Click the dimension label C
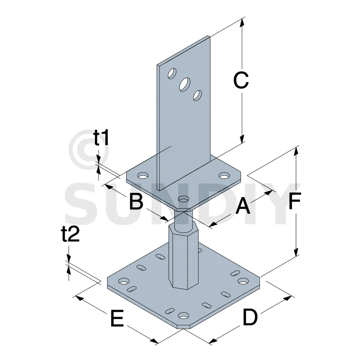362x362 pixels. click(x=241, y=80)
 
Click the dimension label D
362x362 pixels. click(x=250, y=317)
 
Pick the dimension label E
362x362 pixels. click(x=117, y=318)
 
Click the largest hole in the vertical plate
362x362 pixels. click(x=185, y=84)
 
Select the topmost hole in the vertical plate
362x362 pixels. click(x=172, y=74)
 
